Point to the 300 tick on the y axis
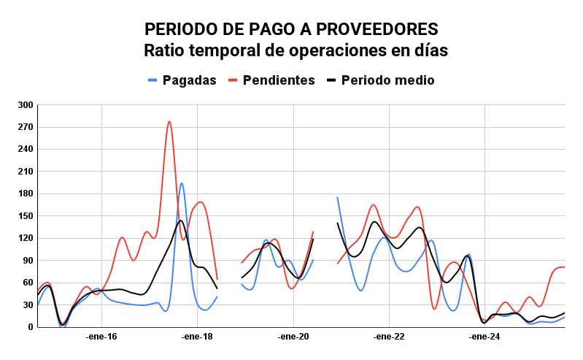point(26,105)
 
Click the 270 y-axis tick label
point(26,127)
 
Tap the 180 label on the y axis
point(26,194)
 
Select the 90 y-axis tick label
point(28,261)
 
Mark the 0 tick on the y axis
point(30,327)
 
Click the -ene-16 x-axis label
point(101,337)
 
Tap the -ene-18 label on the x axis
point(197,337)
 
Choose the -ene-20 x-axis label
point(293,337)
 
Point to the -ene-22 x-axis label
point(389,337)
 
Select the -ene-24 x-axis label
point(485,337)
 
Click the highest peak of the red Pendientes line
point(169,122)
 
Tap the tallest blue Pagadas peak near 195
point(182,183)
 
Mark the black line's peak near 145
point(180,221)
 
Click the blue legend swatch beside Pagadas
point(152,80)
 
